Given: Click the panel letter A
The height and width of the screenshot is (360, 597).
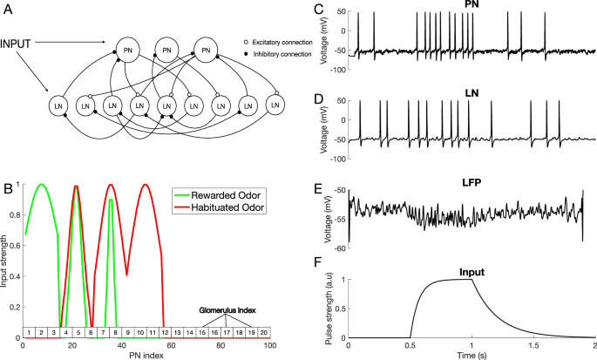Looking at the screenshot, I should (x=8, y=8).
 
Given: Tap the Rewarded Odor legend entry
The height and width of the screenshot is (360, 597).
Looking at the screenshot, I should (x=231, y=194).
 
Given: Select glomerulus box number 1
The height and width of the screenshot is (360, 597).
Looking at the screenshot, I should (x=29, y=332).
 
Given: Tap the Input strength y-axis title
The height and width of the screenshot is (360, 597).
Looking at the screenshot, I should (x=6, y=262).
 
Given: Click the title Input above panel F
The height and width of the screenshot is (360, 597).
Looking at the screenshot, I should (x=471, y=272).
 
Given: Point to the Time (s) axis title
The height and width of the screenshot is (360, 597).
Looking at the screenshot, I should (x=471, y=355).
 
